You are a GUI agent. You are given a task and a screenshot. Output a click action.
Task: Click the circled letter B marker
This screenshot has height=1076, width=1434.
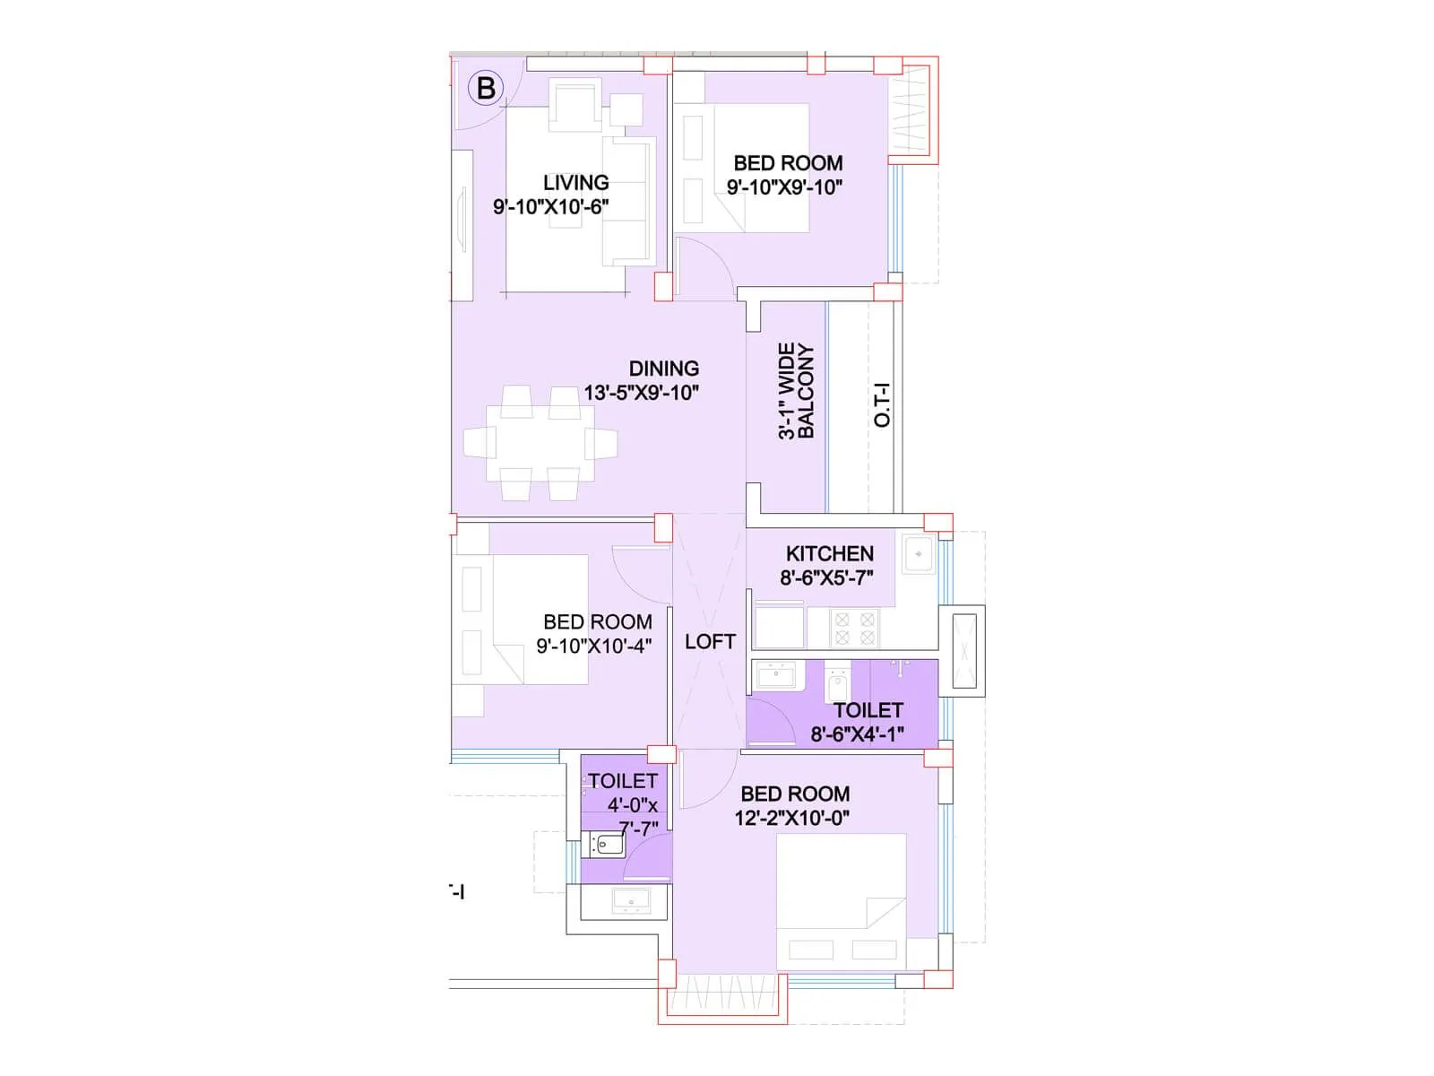pyautogui.click(x=486, y=88)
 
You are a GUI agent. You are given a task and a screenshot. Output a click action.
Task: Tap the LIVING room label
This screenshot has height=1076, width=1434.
pyautogui.click(x=575, y=182)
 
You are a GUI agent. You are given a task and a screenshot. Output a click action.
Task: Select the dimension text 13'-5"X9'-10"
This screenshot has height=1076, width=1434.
pyautogui.click(x=641, y=393)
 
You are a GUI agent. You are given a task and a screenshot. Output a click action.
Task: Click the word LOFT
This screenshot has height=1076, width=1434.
pyautogui.click(x=710, y=642)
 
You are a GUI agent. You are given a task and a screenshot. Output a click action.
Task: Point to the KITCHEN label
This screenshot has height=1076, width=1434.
pyautogui.click(x=829, y=554)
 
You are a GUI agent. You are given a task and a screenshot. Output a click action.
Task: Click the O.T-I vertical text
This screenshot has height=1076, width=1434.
pyautogui.click(x=883, y=405)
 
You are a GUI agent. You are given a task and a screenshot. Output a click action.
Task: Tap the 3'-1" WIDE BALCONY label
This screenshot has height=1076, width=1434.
pyautogui.click(x=796, y=391)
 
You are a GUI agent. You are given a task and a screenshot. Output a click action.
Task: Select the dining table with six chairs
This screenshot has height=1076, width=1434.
pyautogui.click(x=540, y=443)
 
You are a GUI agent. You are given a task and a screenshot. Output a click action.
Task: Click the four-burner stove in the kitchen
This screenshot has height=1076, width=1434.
pyautogui.click(x=854, y=628)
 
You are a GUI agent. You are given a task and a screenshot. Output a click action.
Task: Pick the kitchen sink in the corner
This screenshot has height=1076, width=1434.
pyautogui.click(x=919, y=555)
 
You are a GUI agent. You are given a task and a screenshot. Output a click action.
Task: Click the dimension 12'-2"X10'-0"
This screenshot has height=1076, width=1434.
pyautogui.click(x=791, y=818)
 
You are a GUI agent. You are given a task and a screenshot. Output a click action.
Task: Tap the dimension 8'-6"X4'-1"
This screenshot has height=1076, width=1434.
pyautogui.click(x=857, y=734)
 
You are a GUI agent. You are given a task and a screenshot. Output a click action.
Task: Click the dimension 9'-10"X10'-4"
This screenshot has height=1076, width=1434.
pyautogui.click(x=593, y=646)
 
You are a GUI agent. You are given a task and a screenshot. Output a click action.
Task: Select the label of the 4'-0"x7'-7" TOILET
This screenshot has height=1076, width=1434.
pyautogui.click(x=623, y=781)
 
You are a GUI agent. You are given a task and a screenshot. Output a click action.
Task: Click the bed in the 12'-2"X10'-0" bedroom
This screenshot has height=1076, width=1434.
pyautogui.click(x=841, y=901)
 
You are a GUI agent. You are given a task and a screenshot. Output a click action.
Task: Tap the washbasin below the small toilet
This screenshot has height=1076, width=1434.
pyautogui.click(x=631, y=899)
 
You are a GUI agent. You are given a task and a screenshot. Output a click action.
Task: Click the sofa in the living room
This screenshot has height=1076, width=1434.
pyautogui.click(x=629, y=202)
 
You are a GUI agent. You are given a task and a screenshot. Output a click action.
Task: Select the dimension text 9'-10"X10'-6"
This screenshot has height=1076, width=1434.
pyautogui.click(x=550, y=207)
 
